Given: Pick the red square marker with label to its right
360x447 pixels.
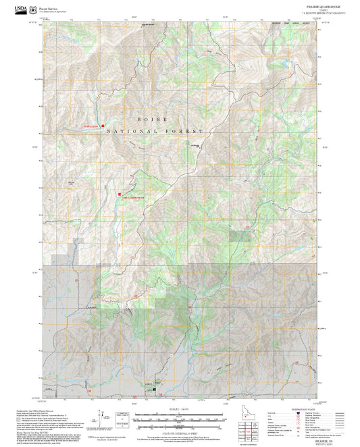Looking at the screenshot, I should pyautogui.click(x=120, y=194).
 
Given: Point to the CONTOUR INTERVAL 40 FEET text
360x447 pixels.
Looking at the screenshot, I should pyautogui.click(x=180, y=431).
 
